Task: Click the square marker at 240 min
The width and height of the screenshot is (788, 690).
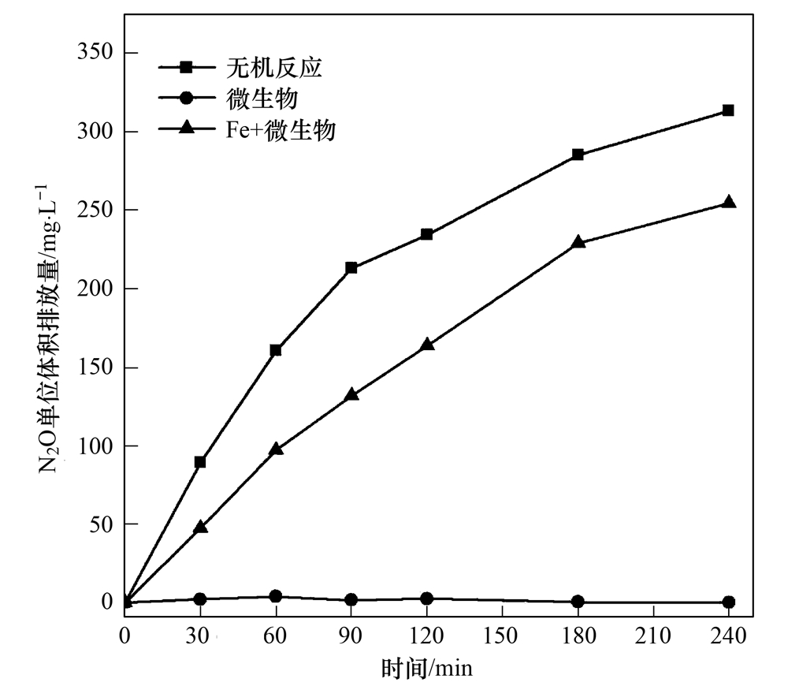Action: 728,110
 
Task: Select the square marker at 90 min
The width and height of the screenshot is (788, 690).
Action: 351,268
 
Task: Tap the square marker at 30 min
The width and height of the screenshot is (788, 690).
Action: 200,462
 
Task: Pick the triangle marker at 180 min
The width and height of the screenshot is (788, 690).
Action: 578,242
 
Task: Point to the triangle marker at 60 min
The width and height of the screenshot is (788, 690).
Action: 276,449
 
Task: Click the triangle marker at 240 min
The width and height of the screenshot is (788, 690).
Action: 729,202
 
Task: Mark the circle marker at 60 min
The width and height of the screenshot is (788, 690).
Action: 276,596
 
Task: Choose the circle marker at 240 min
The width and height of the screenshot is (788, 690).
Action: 729,602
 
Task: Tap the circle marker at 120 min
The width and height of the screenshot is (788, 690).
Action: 427,599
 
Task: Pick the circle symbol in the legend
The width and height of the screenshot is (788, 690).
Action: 186,99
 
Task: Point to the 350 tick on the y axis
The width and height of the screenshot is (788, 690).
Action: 98,53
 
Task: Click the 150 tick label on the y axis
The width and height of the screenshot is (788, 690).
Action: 98,367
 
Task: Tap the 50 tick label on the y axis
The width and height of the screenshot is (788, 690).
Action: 104,524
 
